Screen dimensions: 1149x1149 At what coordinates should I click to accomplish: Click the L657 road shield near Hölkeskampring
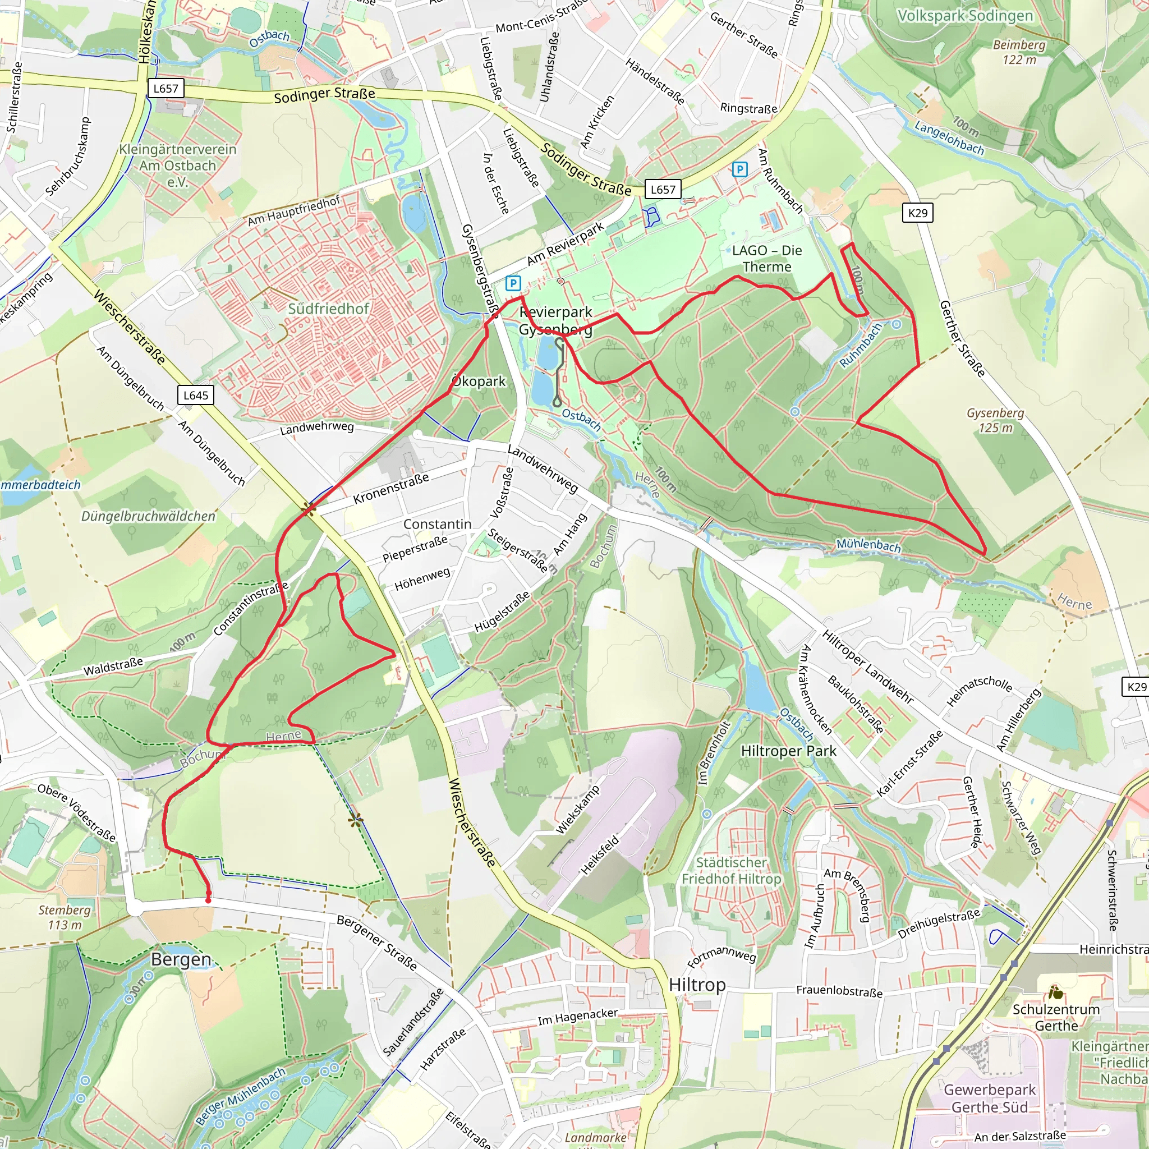pyautogui.click(x=166, y=89)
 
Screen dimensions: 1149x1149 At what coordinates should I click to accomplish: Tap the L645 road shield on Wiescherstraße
pyautogui.click(x=196, y=395)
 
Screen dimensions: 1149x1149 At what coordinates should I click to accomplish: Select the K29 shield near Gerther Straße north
pyautogui.click(x=918, y=213)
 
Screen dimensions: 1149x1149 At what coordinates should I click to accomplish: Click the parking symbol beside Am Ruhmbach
pyautogui.click(x=739, y=169)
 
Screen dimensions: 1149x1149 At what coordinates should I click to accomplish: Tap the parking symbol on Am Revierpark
pyautogui.click(x=513, y=283)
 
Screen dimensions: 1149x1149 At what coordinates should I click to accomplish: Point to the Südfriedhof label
pyautogui.click(x=328, y=309)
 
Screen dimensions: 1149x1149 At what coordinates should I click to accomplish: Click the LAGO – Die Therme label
pyautogui.click(x=766, y=259)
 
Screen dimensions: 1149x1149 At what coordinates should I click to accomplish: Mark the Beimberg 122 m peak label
pyautogui.click(x=1019, y=52)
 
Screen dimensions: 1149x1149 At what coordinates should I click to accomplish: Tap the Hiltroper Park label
pyautogui.click(x=788, y=751)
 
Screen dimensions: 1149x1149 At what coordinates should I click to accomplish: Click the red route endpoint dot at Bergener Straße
pyautogui.click(x=208, y=900)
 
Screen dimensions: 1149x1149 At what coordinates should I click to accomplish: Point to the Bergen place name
pyautogui.click(x=181, y=959)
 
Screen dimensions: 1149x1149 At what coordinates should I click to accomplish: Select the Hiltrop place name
pyautogui.click(x=697, y=985)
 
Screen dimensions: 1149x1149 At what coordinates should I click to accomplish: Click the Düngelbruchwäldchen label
pyautogui.click(x=148, y=516)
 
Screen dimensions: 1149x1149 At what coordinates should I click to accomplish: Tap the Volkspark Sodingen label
pyautogui.click(x=964, y=16)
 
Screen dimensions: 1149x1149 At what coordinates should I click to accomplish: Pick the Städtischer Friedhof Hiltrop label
pyautogui.click(x=731, y=871)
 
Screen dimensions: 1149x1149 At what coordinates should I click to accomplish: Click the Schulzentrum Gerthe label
pyautogui.click(x=1056, y=1018)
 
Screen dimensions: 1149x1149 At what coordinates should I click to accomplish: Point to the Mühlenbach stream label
pyautogui.click(x=868, y=544)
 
